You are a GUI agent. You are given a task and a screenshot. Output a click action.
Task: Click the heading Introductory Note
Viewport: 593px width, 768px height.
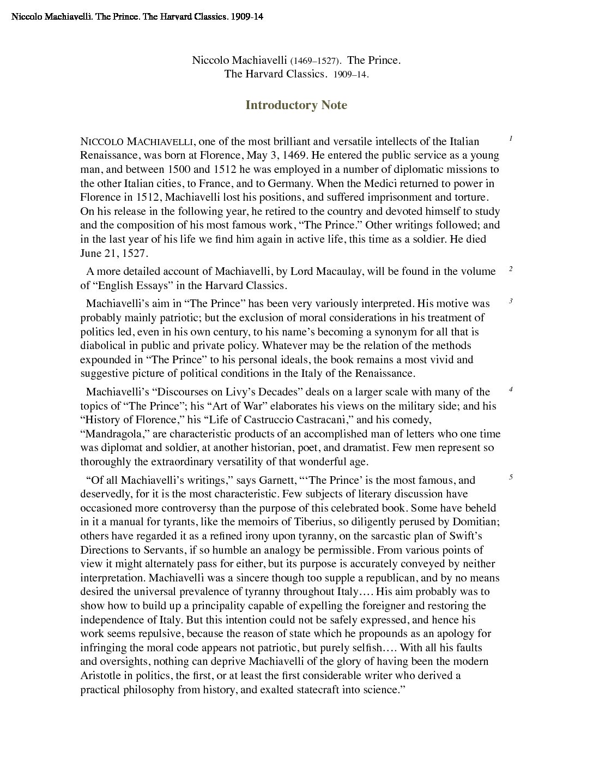[296, 105]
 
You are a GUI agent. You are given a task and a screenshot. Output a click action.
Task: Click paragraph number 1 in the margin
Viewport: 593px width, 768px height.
[511, 139]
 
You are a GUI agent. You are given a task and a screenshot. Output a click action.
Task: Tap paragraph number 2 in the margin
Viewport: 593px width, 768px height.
[511, 269]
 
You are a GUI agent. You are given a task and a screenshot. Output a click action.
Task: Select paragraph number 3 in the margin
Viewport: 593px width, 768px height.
[511, 301]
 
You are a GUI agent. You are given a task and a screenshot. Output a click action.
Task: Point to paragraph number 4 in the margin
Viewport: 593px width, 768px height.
[511, 389]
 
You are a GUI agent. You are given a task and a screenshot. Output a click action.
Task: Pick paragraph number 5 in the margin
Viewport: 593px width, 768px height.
[511, 477]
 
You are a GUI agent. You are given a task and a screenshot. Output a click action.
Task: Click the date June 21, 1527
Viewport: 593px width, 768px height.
[114, 254]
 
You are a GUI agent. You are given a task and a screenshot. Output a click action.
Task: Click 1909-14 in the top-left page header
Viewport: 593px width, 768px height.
[247, 17]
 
